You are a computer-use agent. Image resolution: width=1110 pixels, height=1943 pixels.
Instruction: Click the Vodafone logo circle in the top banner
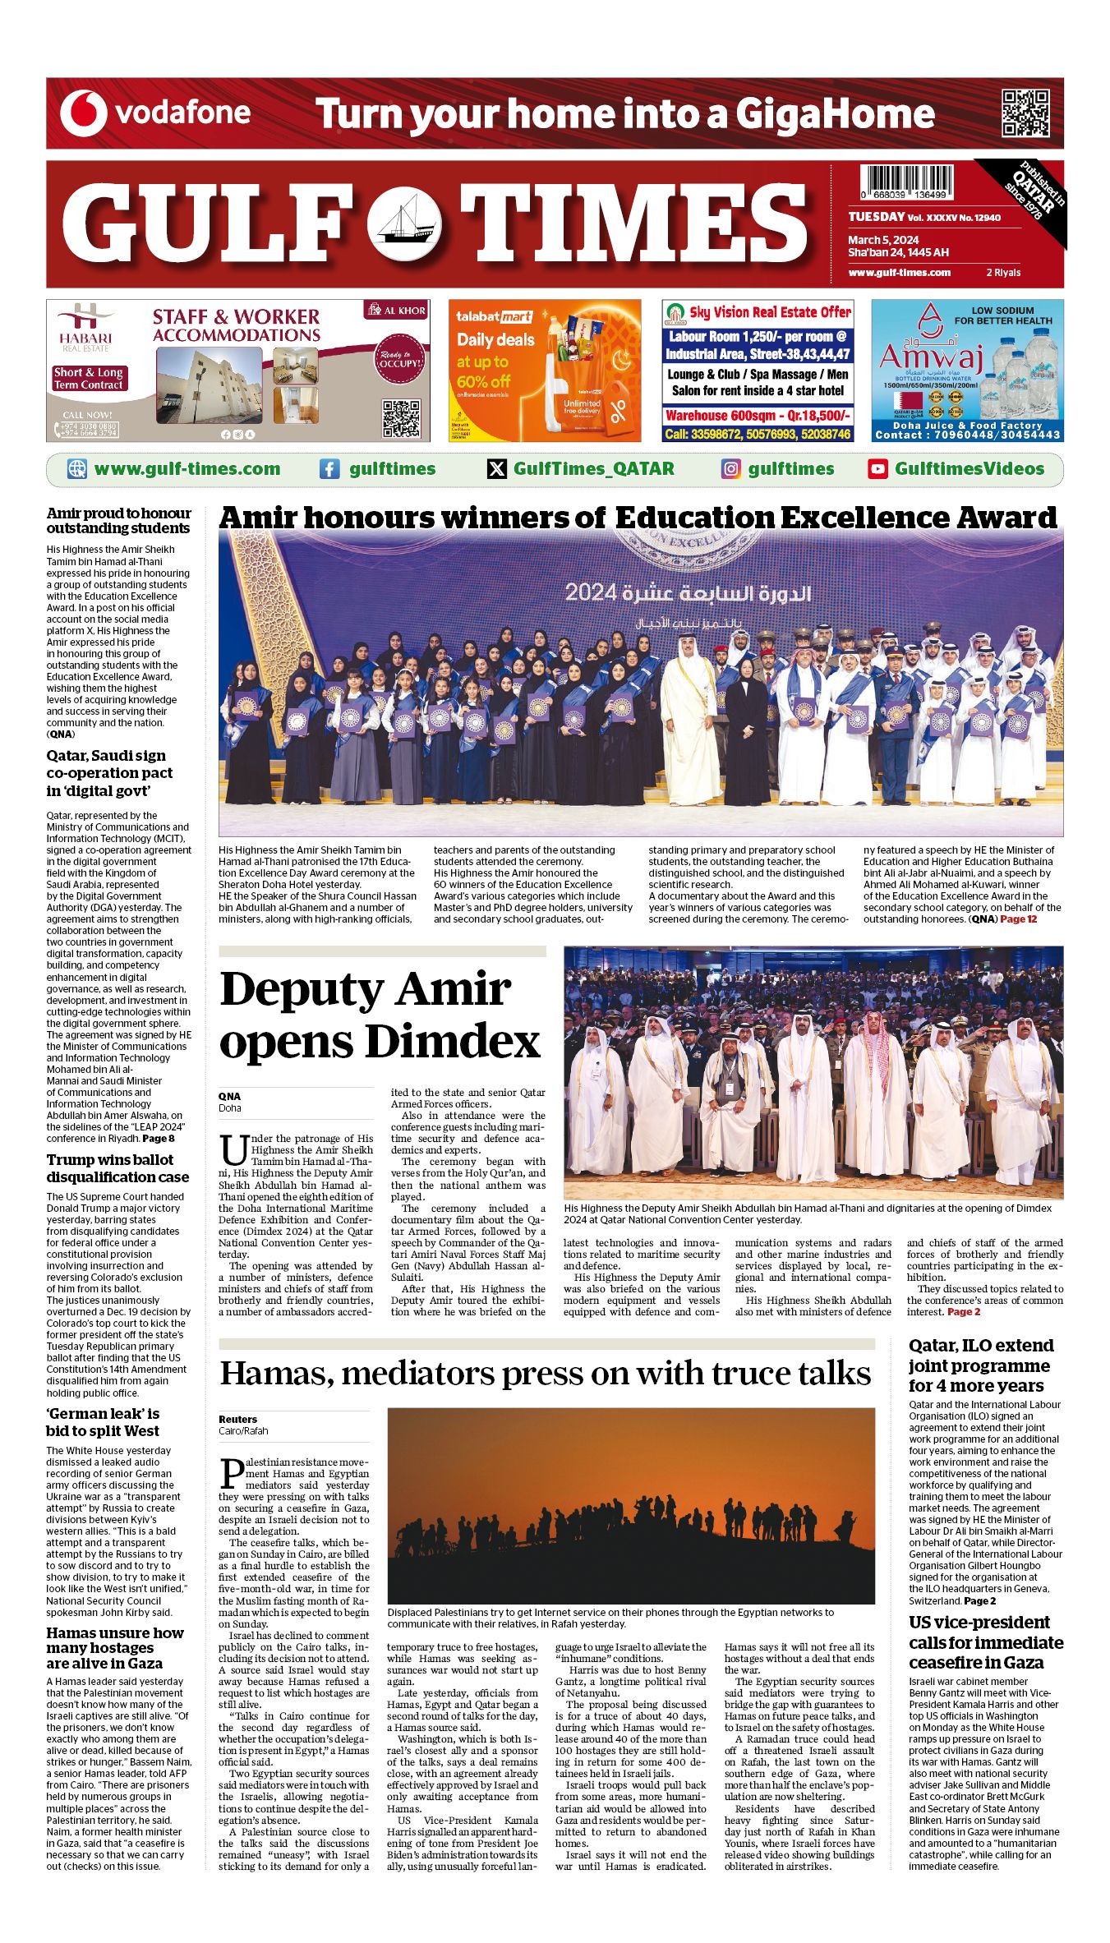(x=84, y=113)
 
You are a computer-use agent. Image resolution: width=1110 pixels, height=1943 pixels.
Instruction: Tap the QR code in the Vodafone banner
(x=1025, y=113)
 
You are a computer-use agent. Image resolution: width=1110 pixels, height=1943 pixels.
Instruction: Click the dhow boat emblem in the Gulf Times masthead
(x=403, y=223)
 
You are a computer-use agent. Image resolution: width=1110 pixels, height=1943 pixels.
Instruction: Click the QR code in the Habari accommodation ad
(x=401, y=418)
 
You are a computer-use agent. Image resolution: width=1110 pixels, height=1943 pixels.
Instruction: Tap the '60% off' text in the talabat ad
(x=484, y=381)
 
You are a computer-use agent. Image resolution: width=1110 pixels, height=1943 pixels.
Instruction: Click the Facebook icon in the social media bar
(x=329, y=469)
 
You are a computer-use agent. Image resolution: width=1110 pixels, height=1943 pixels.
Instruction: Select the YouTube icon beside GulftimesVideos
(x=877, y=469)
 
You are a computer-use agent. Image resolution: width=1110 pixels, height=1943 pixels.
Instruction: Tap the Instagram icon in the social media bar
(x=730, y=469)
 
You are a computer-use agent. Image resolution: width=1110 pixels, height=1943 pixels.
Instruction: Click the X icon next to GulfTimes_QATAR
(x=497, y=469)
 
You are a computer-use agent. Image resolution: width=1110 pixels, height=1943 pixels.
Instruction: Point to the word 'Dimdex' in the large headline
(x=453, y=1042)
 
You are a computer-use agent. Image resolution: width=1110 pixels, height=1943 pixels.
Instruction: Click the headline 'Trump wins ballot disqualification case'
(x=117, y=1168)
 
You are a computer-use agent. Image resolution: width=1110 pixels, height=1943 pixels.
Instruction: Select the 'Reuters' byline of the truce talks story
(x=237, y=1419)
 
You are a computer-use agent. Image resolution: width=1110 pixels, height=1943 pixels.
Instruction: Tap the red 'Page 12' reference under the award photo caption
(x=1018, y=919)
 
